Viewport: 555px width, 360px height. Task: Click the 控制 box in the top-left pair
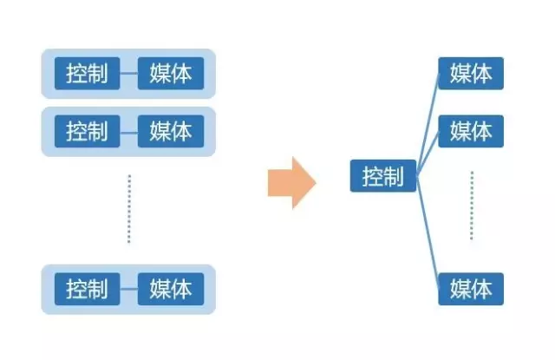point(87,73)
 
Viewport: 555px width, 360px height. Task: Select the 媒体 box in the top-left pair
point(170,73)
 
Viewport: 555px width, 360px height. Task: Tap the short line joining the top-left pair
point(128,73)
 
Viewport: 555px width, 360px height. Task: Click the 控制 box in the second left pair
point(87,131)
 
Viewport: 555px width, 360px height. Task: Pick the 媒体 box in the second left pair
point(170,131)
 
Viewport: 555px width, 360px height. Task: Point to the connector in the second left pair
point(128,132)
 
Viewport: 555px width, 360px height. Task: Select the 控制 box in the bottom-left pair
point(87,288)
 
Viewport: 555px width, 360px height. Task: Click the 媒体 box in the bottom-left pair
point(170,288)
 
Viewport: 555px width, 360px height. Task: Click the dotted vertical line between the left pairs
point(128,208)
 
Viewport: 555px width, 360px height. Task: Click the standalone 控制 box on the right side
point(383,176)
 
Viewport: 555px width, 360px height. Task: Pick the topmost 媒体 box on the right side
point(471,74)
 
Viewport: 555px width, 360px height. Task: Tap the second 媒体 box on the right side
point(471,131)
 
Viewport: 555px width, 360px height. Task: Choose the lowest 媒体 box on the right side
point(471,288)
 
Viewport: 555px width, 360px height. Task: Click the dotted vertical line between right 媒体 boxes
point(472,206)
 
